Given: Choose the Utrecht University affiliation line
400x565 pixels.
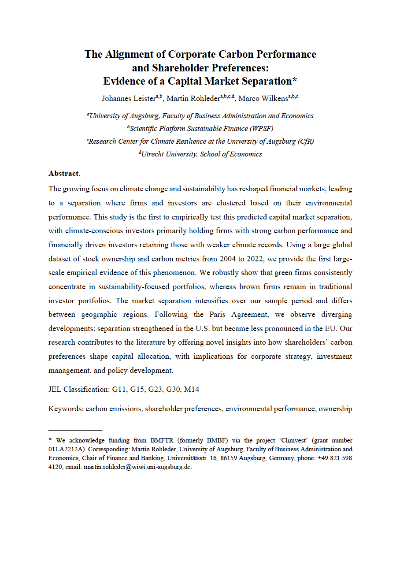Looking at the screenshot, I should [x=200, y=154].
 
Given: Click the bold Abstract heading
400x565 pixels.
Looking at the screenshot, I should [x=63, y=173].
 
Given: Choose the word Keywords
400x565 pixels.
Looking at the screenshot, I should [x=65, y=409].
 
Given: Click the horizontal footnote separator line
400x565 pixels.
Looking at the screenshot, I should [x=75, y=430].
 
